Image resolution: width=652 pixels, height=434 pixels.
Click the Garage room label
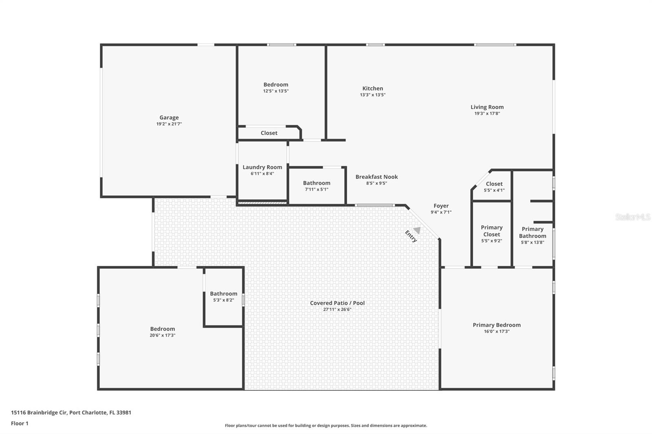pos(169,118)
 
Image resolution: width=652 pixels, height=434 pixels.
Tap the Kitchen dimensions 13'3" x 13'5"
pos(372,95)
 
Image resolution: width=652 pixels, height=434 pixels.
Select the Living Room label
pos(487,107)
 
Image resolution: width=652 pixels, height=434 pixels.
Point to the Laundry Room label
pos(262,167)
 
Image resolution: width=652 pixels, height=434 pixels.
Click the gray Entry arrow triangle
pos(417,230)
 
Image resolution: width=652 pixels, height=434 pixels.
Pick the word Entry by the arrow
pos(411,237)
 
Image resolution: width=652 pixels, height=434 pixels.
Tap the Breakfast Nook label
pos(377,177)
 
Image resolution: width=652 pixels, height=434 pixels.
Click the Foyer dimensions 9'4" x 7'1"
pos(441,212)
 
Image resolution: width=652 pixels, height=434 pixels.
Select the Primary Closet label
pos(491,231)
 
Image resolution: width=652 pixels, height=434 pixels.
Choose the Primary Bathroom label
pos(532,232)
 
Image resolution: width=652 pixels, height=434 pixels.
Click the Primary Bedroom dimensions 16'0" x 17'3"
pos(496,331)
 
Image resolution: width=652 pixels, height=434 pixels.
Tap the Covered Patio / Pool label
pos(337,303)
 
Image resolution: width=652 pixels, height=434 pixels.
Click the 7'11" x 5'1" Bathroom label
pos(316,183)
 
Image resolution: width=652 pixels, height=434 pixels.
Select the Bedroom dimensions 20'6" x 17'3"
pos(162,335)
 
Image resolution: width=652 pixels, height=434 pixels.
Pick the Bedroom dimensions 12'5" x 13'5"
pos(275,91)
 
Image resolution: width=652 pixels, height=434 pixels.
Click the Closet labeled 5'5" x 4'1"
pos(494,184)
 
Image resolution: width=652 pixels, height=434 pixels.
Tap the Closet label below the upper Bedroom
pos(269,133)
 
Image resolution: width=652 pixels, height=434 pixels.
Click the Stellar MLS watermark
pos(632,217)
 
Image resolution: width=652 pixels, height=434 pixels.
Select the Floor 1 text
pos(20,423)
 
